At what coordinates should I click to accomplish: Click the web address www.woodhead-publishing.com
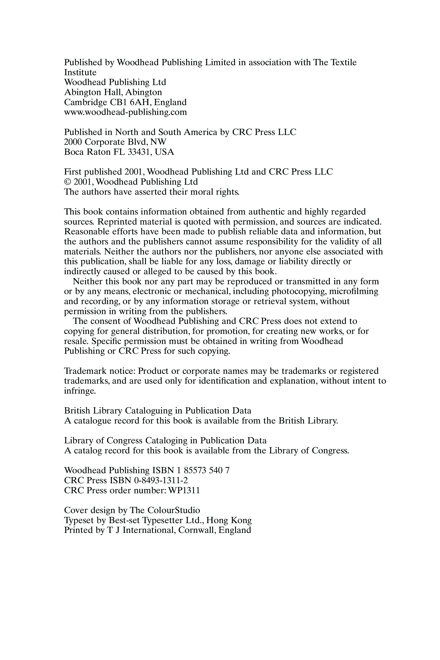[x=125, y=112]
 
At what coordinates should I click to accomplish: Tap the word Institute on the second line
[x=80, y=72]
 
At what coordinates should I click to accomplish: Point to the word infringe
[x=80, y=391]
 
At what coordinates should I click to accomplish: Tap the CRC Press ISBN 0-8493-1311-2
[x=161, y=480]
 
